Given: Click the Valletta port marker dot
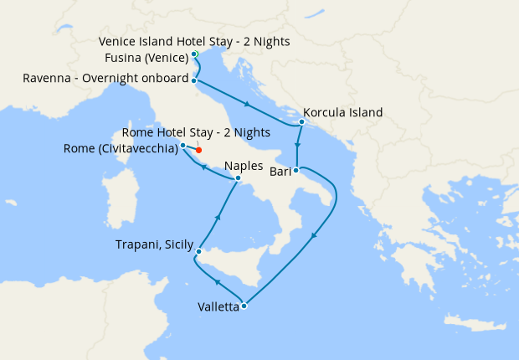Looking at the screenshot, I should coord(244,306).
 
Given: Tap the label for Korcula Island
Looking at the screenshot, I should coord(342,112).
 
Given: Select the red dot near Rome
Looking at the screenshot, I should coord(198,150).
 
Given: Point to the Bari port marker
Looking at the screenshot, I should coord(296,171).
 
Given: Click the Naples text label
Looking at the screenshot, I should coord(244,166).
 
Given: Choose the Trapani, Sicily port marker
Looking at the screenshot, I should coord(198,251).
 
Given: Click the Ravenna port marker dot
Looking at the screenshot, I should coord(194,81).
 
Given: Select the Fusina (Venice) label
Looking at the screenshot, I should coord(146,58).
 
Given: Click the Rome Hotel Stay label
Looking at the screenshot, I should coord(196,132).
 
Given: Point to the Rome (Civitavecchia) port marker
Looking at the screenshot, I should coord(182,146).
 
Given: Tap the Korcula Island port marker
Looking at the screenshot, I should coord(301,122).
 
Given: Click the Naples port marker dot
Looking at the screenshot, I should coord(239,178).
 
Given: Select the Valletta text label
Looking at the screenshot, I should coord(218,306).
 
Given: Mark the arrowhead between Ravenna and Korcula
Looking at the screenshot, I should coord(247,105).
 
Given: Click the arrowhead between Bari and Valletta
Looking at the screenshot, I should coord(315,236).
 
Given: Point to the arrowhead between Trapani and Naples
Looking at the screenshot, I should coord(218,216).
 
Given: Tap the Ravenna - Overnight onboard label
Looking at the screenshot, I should coord(105,79).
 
